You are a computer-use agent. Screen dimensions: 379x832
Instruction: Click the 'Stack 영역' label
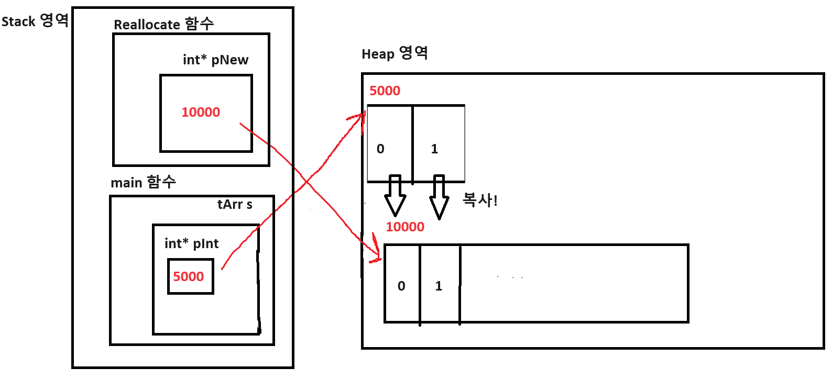[x=35, y=21]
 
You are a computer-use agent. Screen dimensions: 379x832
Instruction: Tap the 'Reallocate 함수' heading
[x=163, y=24]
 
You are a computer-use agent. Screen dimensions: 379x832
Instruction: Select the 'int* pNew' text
[x=215, y=60]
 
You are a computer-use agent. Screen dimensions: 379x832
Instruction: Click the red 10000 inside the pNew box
[x=201, y=112]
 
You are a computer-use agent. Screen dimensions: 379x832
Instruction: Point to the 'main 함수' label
[x=143, y=182]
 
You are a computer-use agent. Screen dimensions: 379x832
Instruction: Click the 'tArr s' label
[x=235, y=204]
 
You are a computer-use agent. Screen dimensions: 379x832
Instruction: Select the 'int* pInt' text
[x=191, y=243]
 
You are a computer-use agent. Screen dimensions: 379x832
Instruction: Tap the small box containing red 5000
[x=190, y=276]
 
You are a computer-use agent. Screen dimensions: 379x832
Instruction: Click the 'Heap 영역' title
[x=395, y=53]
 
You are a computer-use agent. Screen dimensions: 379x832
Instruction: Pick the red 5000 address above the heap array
[x=385, y=91]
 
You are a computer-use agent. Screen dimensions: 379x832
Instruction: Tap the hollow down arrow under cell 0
[x=395, y=196]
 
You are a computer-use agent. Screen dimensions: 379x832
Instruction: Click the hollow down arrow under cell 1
[x=439, y=198]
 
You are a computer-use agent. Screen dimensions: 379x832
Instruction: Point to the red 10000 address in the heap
[x=405, y=227]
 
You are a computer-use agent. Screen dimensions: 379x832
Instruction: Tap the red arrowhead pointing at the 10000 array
[x=376, y=254]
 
